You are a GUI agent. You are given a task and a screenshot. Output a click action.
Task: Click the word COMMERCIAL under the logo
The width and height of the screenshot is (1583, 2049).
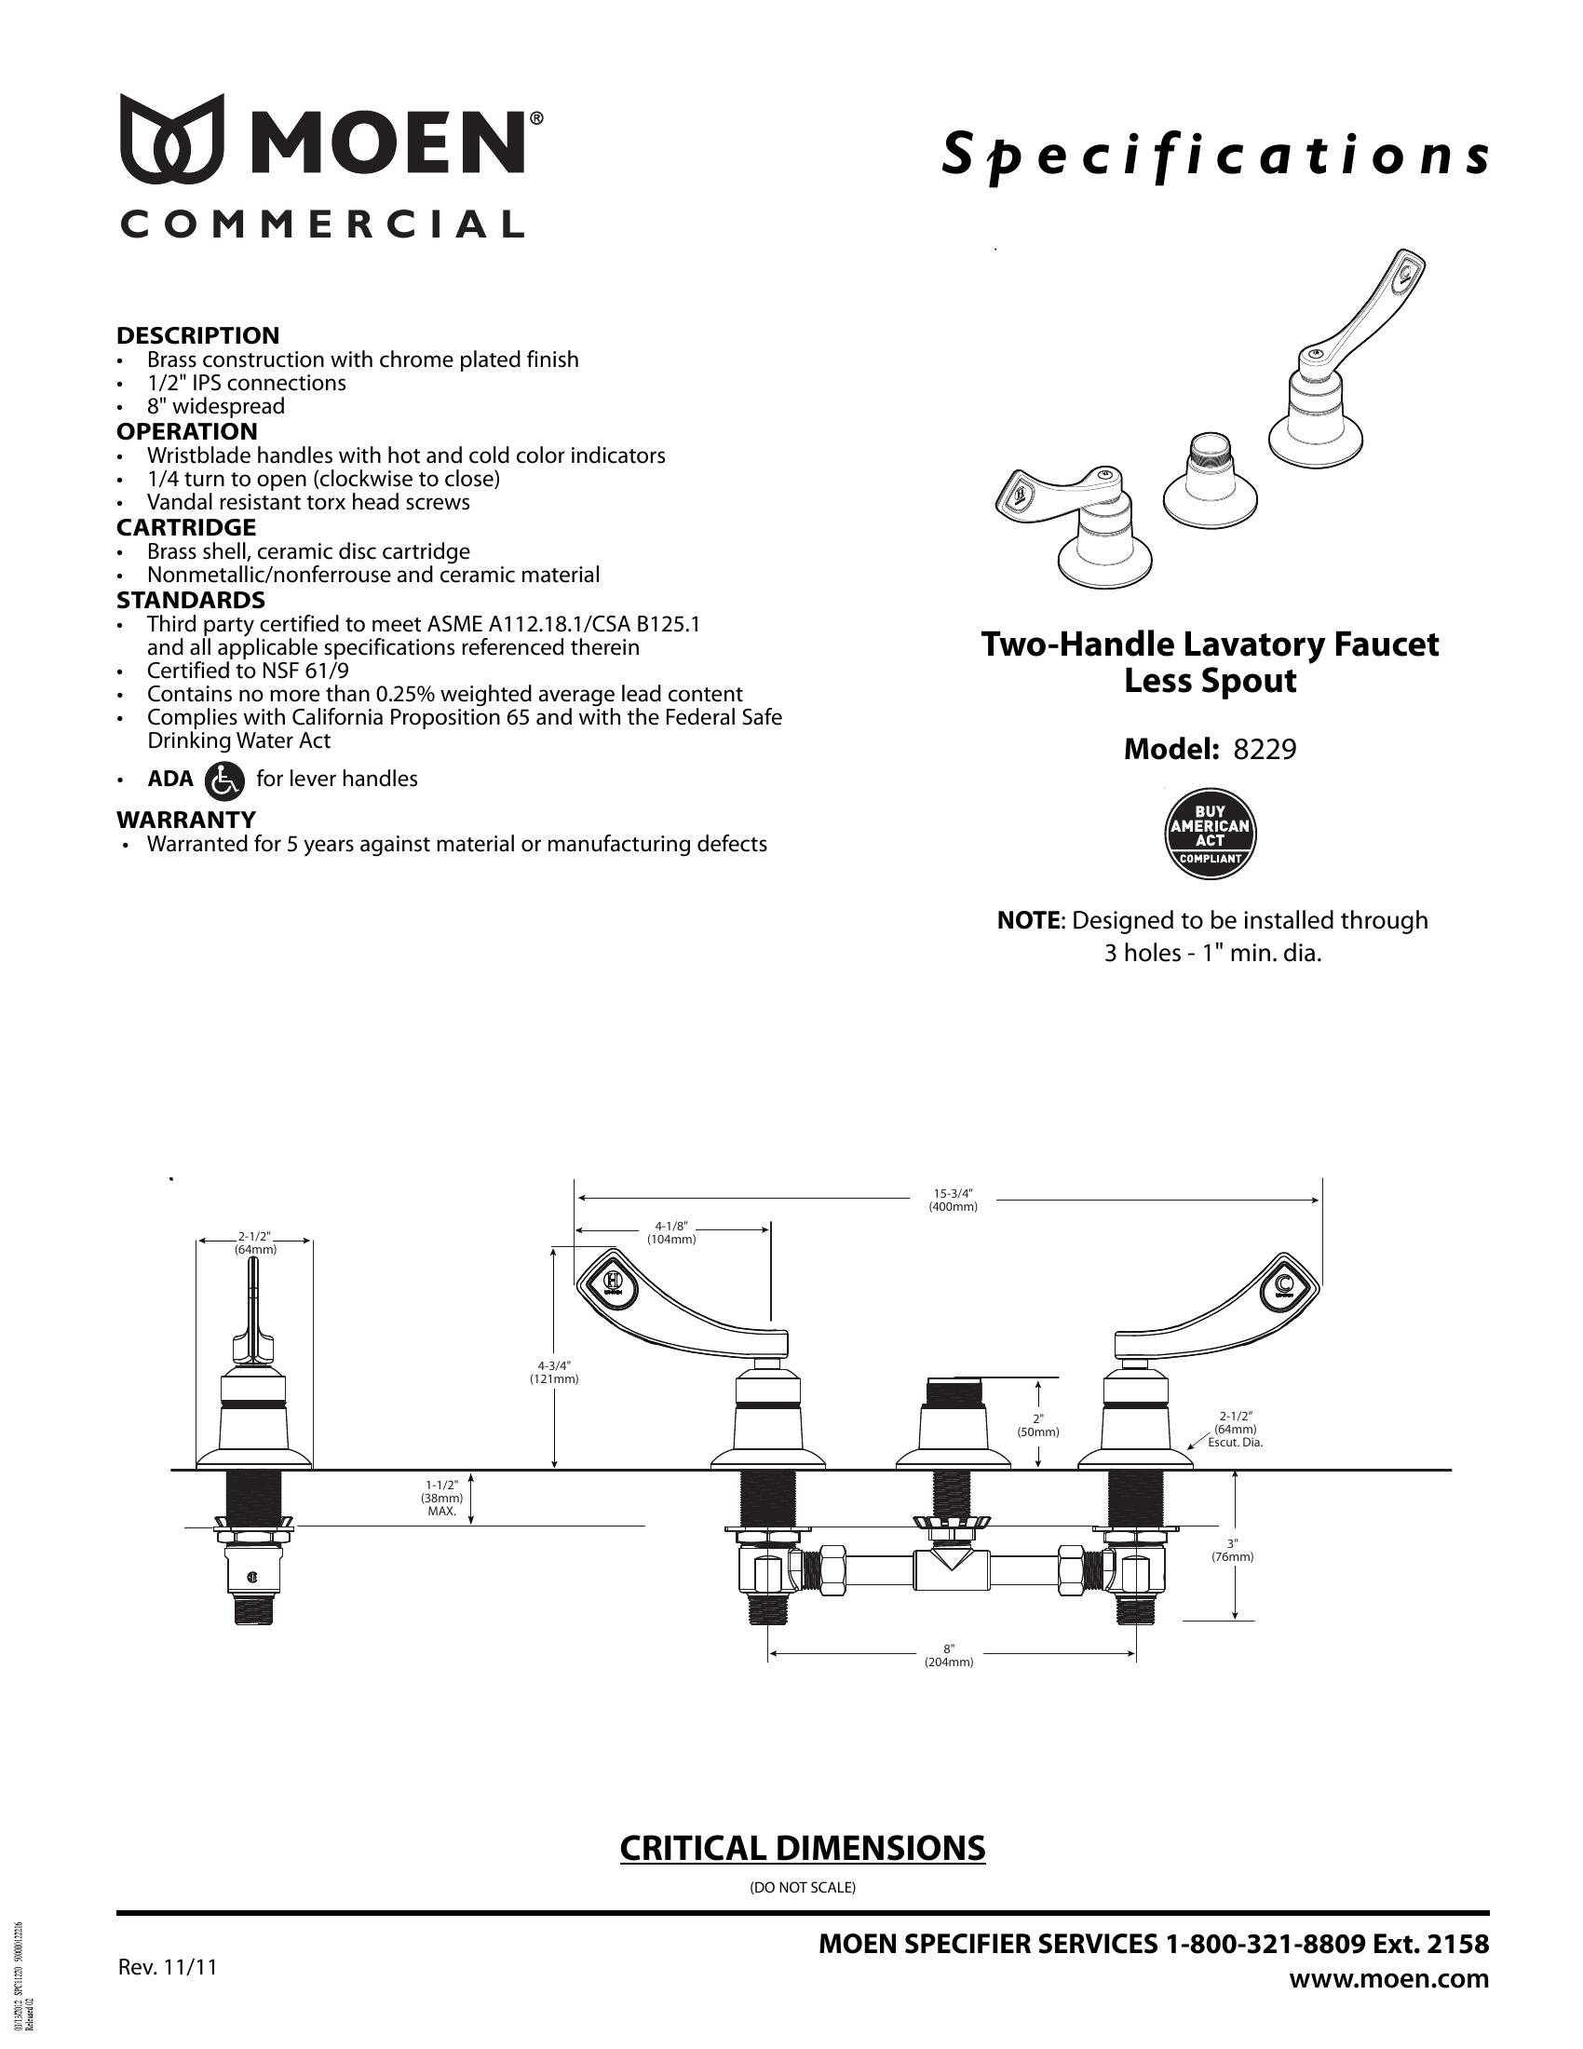(321, 224)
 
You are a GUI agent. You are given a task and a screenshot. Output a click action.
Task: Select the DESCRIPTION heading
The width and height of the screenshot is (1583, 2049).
(197, 336)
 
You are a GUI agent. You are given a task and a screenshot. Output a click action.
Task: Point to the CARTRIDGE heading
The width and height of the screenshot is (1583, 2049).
(185, 527)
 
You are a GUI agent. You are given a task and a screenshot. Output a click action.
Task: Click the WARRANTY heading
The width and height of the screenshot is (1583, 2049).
(185, 820)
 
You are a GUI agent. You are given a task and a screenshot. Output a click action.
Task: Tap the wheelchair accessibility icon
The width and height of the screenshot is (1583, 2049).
(223, 780)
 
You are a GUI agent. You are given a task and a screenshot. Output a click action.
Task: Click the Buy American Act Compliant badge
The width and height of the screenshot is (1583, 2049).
(1210, 835)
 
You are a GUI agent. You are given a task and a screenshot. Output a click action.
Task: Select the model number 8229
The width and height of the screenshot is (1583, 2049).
(1265, 750)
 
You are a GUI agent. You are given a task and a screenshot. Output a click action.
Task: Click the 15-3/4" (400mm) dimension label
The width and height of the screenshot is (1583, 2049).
(953, 1201)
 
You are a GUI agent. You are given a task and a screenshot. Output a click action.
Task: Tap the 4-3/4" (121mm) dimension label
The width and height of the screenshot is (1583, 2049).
(554, 1372)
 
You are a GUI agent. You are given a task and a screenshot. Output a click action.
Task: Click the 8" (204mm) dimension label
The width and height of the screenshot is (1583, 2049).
(949, 1655)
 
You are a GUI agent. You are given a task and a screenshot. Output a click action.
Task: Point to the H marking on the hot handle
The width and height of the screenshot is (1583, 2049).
(614, 1280)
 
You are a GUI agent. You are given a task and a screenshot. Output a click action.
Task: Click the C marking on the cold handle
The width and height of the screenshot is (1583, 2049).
(1284, 1284)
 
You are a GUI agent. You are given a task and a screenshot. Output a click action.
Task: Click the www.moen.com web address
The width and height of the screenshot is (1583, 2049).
(1389, 1978)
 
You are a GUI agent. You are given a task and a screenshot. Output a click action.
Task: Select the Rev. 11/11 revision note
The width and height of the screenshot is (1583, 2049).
(167, 1966)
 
